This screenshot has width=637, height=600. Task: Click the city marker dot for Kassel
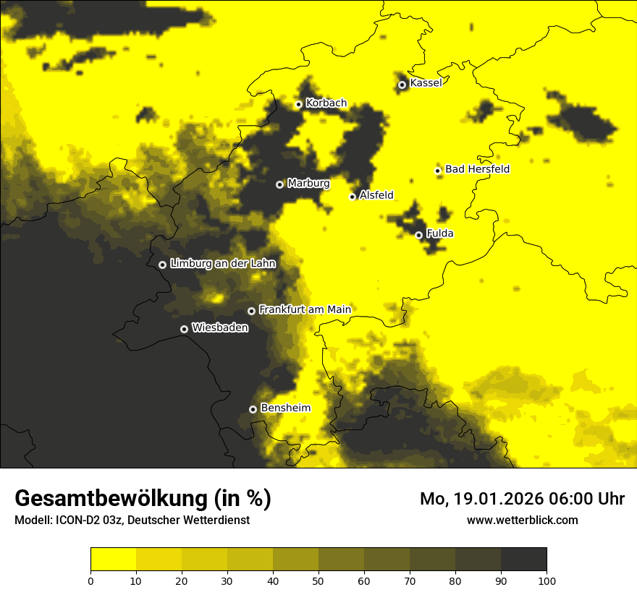tap(402, 85)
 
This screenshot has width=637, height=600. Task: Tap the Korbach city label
tap(326, 103)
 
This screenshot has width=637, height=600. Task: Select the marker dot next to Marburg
tap(279, 184)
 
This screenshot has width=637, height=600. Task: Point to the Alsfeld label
tap(376, 195)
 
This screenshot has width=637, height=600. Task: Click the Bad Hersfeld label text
tap(477, 169)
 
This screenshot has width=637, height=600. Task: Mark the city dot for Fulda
tap(418, 235)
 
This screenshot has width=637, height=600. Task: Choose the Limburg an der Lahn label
tap(223, 264)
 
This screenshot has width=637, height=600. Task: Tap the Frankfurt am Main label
tap(305, 309)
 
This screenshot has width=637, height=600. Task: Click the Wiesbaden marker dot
tap(184, 329)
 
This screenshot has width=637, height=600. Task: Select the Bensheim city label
tap(285, 408)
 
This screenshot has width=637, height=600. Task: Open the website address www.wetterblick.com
tap(522, 520)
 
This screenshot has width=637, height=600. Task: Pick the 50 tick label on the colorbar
tap(318, 580)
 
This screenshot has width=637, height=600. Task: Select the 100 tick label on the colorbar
tap(546, 580)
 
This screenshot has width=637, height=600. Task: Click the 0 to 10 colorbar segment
tap(113, 560)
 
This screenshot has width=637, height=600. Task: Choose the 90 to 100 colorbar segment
tap(523, 560)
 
